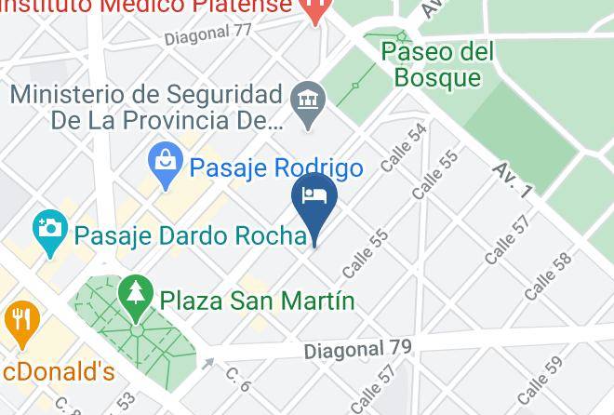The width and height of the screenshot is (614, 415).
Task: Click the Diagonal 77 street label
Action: (x=209, y=35)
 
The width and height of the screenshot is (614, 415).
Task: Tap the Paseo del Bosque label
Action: (x=437, y=62)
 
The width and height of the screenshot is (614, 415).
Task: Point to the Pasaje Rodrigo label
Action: (x=276, y=168)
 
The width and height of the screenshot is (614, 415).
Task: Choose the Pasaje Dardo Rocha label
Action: (x=190, y=235)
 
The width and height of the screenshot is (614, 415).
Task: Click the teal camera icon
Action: (x=49, y=227)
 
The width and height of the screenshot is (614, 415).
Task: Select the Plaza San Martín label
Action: (x=258, y=301)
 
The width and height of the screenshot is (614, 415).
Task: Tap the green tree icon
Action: (x=137, y=293)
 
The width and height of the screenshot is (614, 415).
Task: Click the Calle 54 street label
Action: (x=404, y=147)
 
